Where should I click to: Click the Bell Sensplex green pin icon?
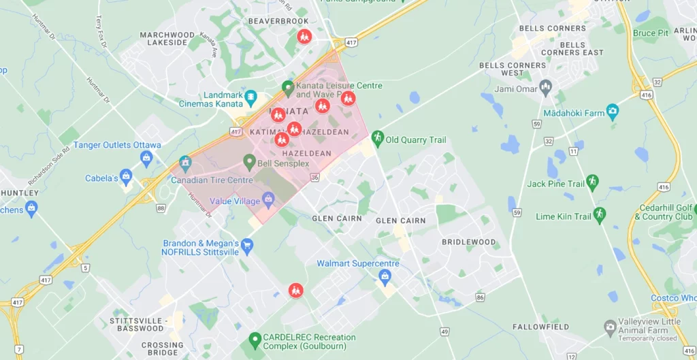pos(250,162)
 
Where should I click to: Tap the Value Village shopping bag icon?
pos(268,200)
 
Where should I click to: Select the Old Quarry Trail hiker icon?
pos(377,139)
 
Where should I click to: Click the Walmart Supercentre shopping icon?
pos(385,276)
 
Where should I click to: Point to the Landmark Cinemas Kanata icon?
pos(250,98)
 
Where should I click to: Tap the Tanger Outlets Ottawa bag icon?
pos(146,159)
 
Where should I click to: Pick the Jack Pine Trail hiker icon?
pos(592,182)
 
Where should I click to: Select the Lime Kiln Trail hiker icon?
pos(599,215)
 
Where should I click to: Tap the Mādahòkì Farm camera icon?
pos(613,111)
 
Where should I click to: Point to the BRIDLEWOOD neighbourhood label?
pos(469,242)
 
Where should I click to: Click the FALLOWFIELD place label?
pos(540,327)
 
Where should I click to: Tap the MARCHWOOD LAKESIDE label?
pos(167,39)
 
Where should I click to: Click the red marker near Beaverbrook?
pos(304,36)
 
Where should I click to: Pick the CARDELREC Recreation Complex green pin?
pos(255,339)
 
